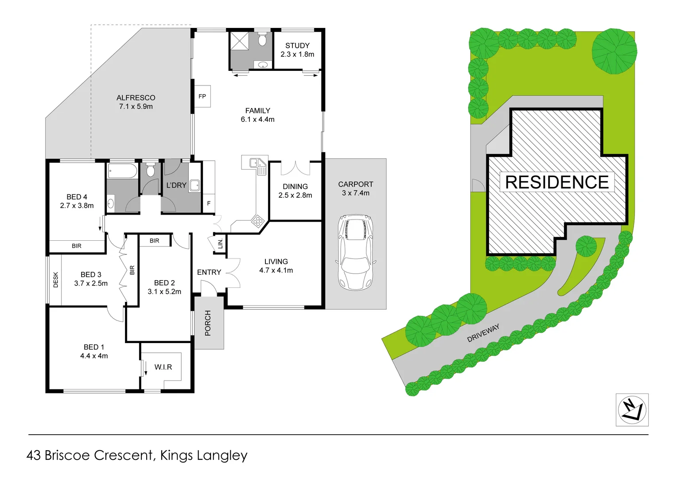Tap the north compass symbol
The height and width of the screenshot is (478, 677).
tap(632, 409)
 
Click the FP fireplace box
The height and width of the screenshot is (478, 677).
tap(202, 96)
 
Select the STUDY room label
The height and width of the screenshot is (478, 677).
tap(297, 46)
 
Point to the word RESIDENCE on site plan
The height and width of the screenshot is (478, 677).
tap(557, 182)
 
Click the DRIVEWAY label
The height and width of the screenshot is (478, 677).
tap(483, 333)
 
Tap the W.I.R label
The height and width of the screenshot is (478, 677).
tap(163, 367)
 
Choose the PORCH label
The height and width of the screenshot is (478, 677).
tap(208, 323)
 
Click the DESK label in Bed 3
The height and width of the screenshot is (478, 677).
tap(55, 280)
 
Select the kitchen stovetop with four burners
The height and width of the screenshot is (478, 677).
tap(257, 220)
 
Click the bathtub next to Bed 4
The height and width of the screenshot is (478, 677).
tap(122, 171)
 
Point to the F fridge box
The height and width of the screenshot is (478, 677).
tap(209, 204)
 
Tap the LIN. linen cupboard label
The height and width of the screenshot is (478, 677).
tap(220, 243)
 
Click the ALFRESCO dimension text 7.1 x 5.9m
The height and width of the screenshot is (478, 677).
tap(136, 107)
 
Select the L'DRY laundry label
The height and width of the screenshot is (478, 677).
tap(176, 185)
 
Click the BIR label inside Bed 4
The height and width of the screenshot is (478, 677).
tap(77, 246)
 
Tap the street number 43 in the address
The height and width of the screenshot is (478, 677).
tap(34, 455)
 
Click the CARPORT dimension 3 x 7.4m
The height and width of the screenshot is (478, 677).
tap(355, 193)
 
